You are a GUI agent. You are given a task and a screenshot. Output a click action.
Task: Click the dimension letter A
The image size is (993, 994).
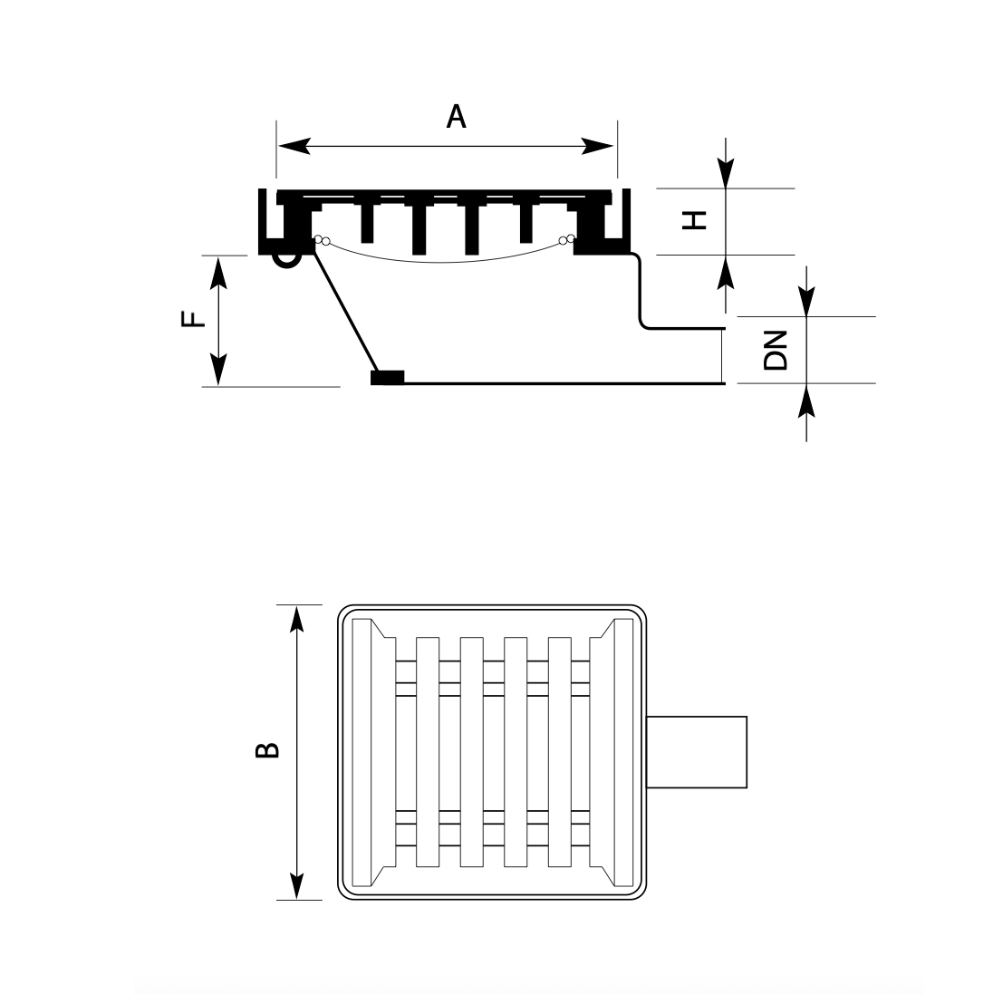[456, 117]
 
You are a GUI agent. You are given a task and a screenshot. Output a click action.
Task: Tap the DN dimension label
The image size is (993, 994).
[776, 350]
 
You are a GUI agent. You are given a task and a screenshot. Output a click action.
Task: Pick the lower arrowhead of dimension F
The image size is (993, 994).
[218, 370]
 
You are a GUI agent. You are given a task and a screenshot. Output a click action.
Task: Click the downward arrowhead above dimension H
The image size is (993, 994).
[726, 173]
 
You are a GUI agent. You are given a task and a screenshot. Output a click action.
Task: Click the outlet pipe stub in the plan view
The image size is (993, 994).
[698, 750]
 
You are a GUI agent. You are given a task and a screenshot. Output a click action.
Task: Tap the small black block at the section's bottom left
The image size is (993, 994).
[387, 378]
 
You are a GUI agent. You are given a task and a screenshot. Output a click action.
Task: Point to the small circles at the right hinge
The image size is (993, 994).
[566, 240]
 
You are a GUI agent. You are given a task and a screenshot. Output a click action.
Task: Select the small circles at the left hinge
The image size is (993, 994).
[322, 241]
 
